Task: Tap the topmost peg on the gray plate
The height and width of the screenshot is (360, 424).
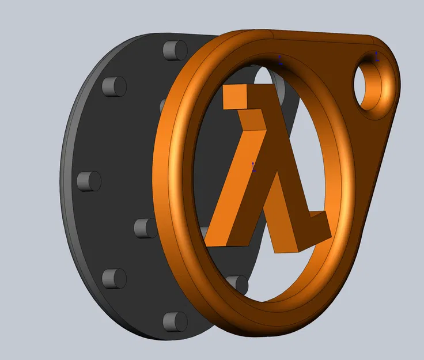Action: [173, 51]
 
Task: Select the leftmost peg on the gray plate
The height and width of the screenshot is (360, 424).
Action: [88, 181]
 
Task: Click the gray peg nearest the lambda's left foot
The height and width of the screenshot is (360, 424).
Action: [145, 228]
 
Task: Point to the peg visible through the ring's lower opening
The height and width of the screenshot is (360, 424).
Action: [237, 283]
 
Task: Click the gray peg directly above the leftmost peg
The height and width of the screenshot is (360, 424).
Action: [113, 86]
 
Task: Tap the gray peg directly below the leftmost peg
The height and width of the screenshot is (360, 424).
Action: [113, 278]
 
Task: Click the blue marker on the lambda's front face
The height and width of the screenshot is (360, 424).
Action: [254, 166]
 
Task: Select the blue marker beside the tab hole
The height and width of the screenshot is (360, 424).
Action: [377, 56]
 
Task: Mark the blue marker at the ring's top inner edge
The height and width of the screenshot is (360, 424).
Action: [280, 59]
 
